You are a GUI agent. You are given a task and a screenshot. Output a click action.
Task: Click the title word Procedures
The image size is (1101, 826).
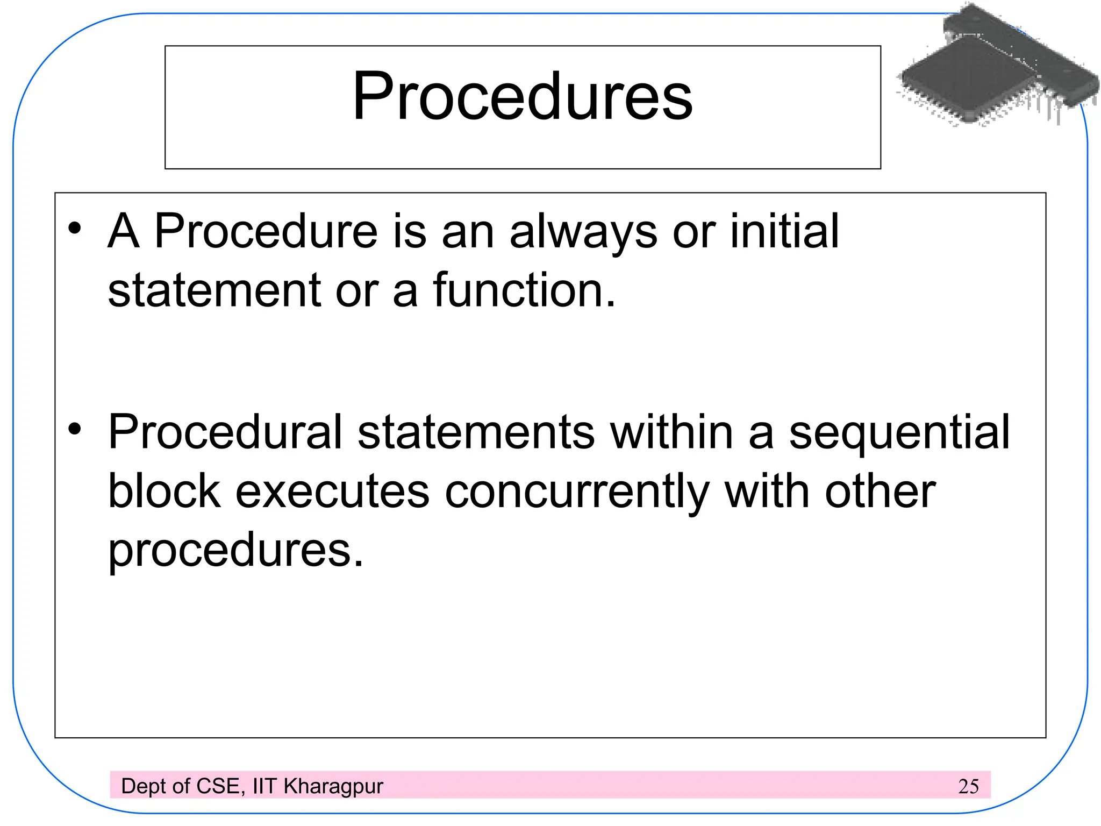click(x=522, y=97)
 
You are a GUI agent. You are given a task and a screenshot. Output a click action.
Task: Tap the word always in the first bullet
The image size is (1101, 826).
click(x=583, y=232)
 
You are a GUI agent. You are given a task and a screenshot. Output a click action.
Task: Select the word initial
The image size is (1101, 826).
click(x=784, y=231)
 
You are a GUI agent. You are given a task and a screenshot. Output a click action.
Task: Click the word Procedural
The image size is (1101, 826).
click(x=225, y=432)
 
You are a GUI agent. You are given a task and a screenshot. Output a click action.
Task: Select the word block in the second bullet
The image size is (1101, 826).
click(x=165, y=492)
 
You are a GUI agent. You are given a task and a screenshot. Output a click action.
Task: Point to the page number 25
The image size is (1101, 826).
click(x=968, y=786)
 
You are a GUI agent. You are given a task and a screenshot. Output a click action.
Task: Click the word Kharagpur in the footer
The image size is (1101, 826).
click(x=333, y=787)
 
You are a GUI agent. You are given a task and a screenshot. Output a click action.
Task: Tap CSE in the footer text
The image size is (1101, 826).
click(x=218, y=786)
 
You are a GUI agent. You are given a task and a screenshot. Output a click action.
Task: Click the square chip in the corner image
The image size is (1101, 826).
click(x=968, y=78)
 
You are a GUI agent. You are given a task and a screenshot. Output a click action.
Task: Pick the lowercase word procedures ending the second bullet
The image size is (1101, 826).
click(x=235, y=551)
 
